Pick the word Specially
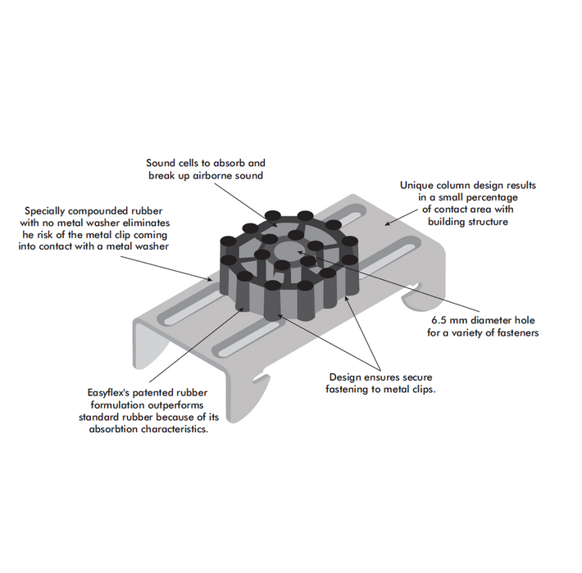pyautogui.click(x=48, y=210)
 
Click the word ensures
pyautogui.click(x=378, y=377)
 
